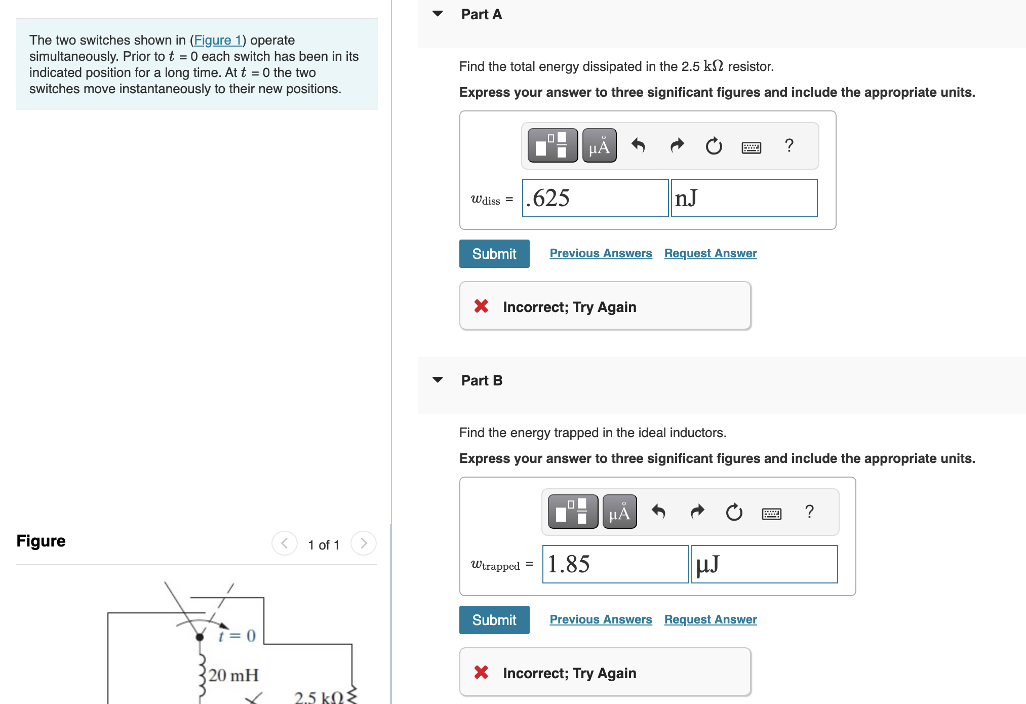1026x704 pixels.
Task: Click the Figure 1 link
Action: pos(217,40)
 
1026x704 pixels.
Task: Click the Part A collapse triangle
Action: pos(438,14)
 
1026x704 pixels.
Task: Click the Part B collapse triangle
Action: pos(438,380)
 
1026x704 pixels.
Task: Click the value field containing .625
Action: pos(595,198)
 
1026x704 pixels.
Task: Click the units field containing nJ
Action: pos(744,198)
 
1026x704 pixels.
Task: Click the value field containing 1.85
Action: pos(615,564)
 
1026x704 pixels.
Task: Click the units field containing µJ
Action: pos(764,564)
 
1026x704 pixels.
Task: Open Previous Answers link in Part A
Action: pos(601,253)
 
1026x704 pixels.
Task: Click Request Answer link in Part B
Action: pos(710,619)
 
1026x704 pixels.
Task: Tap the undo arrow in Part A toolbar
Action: pos(638,146)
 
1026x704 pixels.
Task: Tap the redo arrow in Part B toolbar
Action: pos(697,512)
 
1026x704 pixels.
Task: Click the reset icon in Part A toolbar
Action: pos(714,146)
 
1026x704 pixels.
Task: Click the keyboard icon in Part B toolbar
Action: pos(771,514)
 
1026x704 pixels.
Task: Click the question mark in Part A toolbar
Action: pos(788,146)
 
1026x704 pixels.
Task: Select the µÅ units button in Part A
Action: pos(599,146)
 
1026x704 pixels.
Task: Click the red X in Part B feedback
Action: pos(481,672)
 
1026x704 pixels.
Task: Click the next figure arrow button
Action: pos(363,543)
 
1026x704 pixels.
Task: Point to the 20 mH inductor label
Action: pos(233,675)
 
